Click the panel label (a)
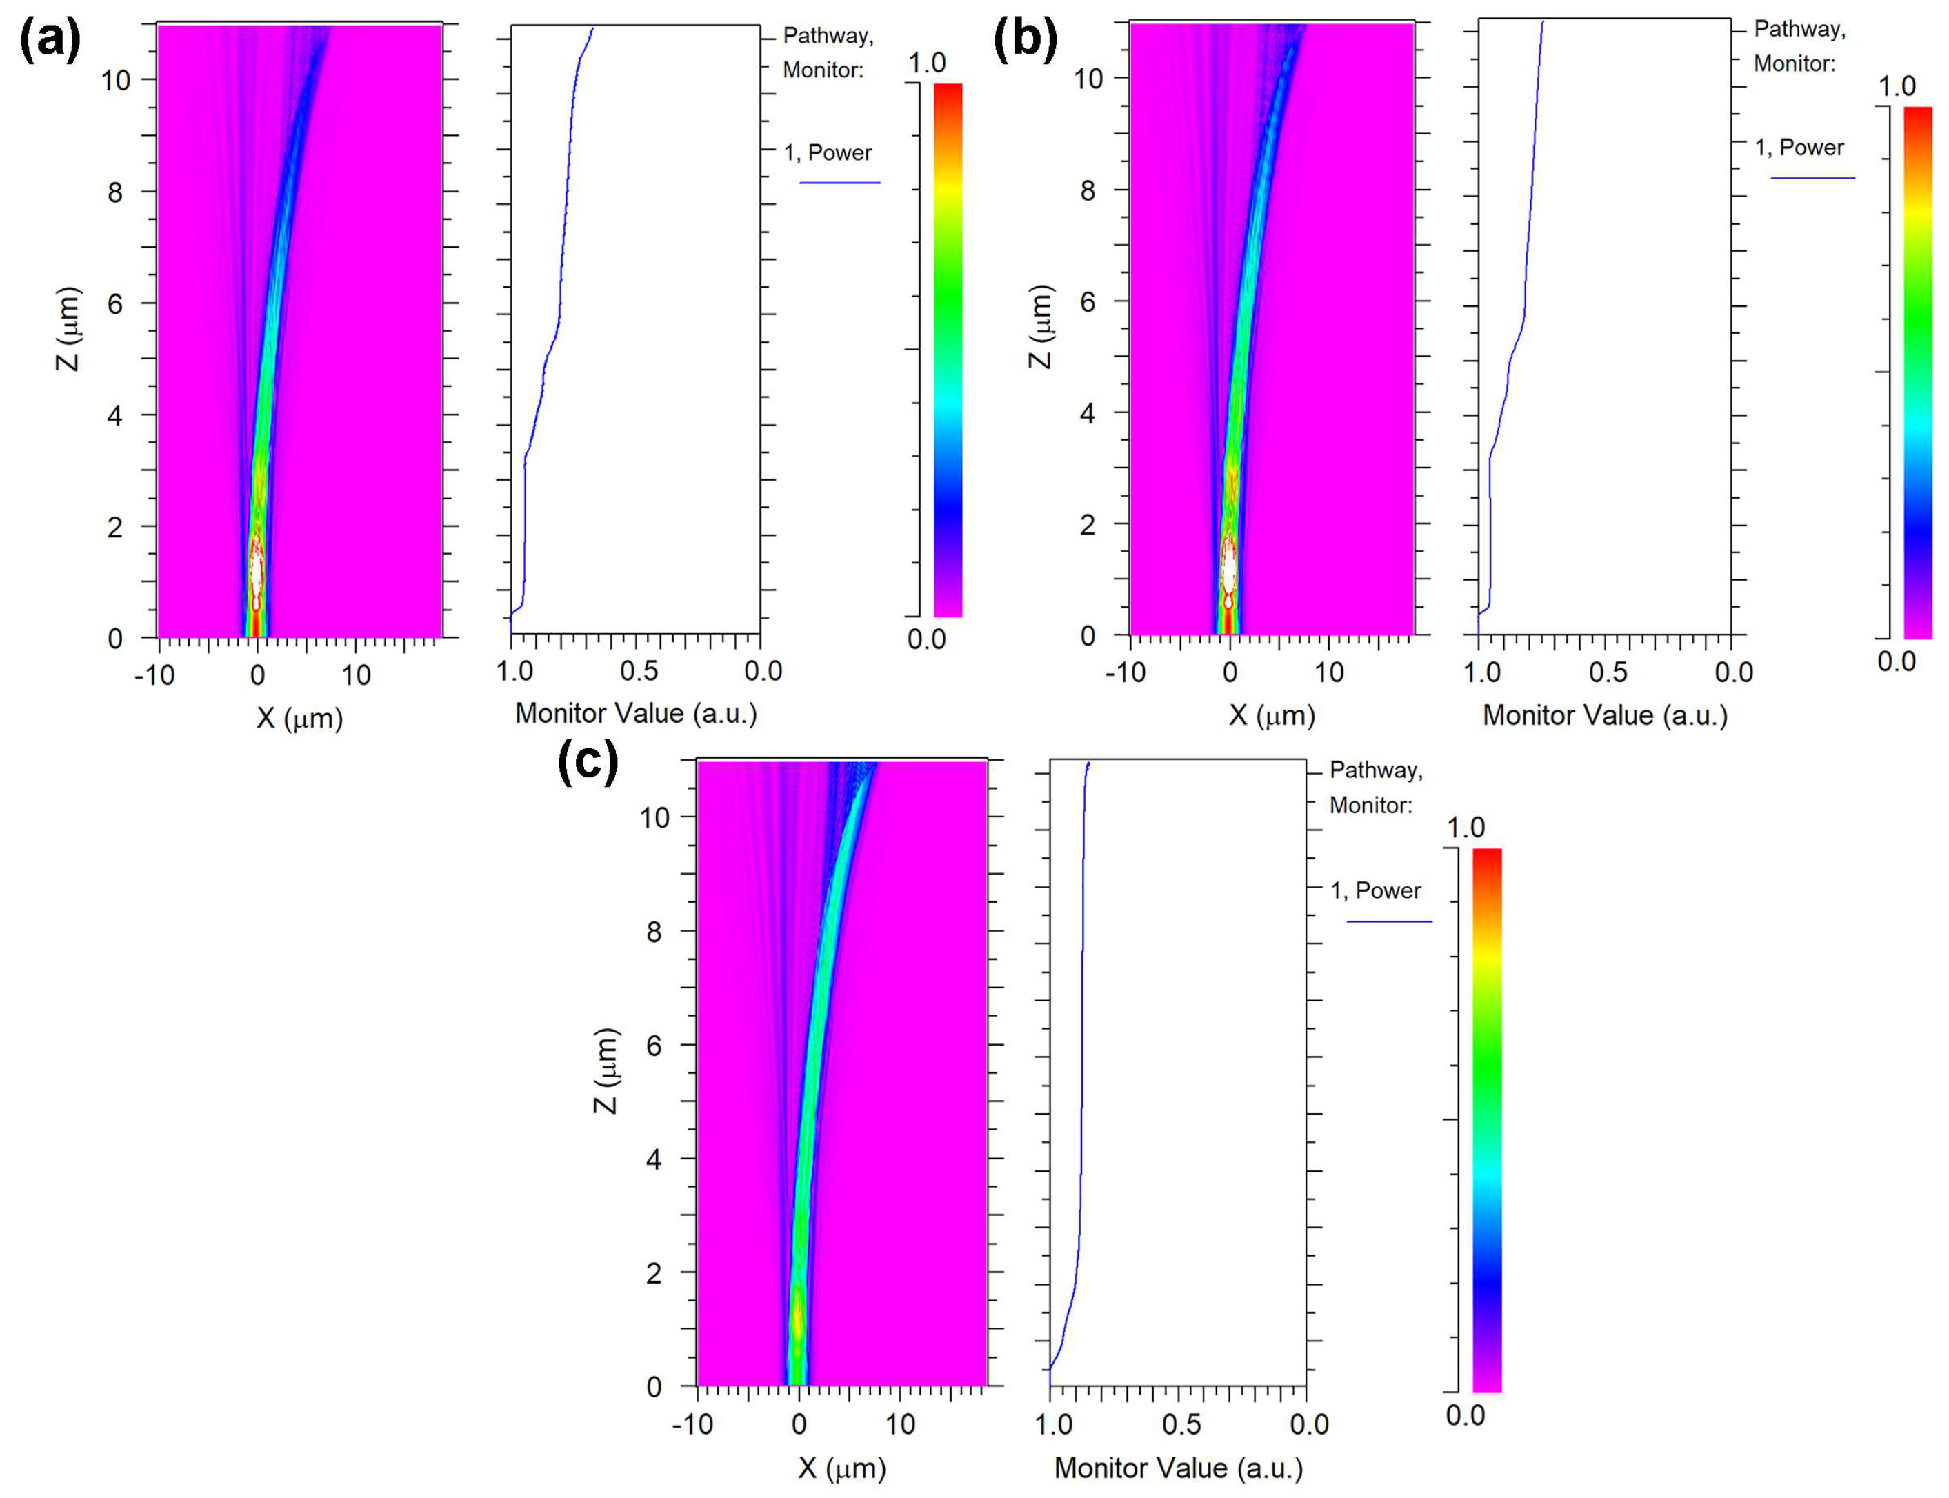click(50, 41)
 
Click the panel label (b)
click(1024, 41)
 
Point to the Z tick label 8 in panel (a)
click(115, 192)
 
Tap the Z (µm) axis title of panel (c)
click(606, 1070)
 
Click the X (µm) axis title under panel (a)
click(299, 718)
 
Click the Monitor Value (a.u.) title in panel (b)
click(1604, 715)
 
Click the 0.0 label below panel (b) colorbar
click(1897, 661)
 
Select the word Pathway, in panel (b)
click(1799, 30)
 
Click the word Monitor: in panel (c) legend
click(1370, 805)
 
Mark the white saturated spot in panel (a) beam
click(257, 570)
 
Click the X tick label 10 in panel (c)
click(899, 1424)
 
